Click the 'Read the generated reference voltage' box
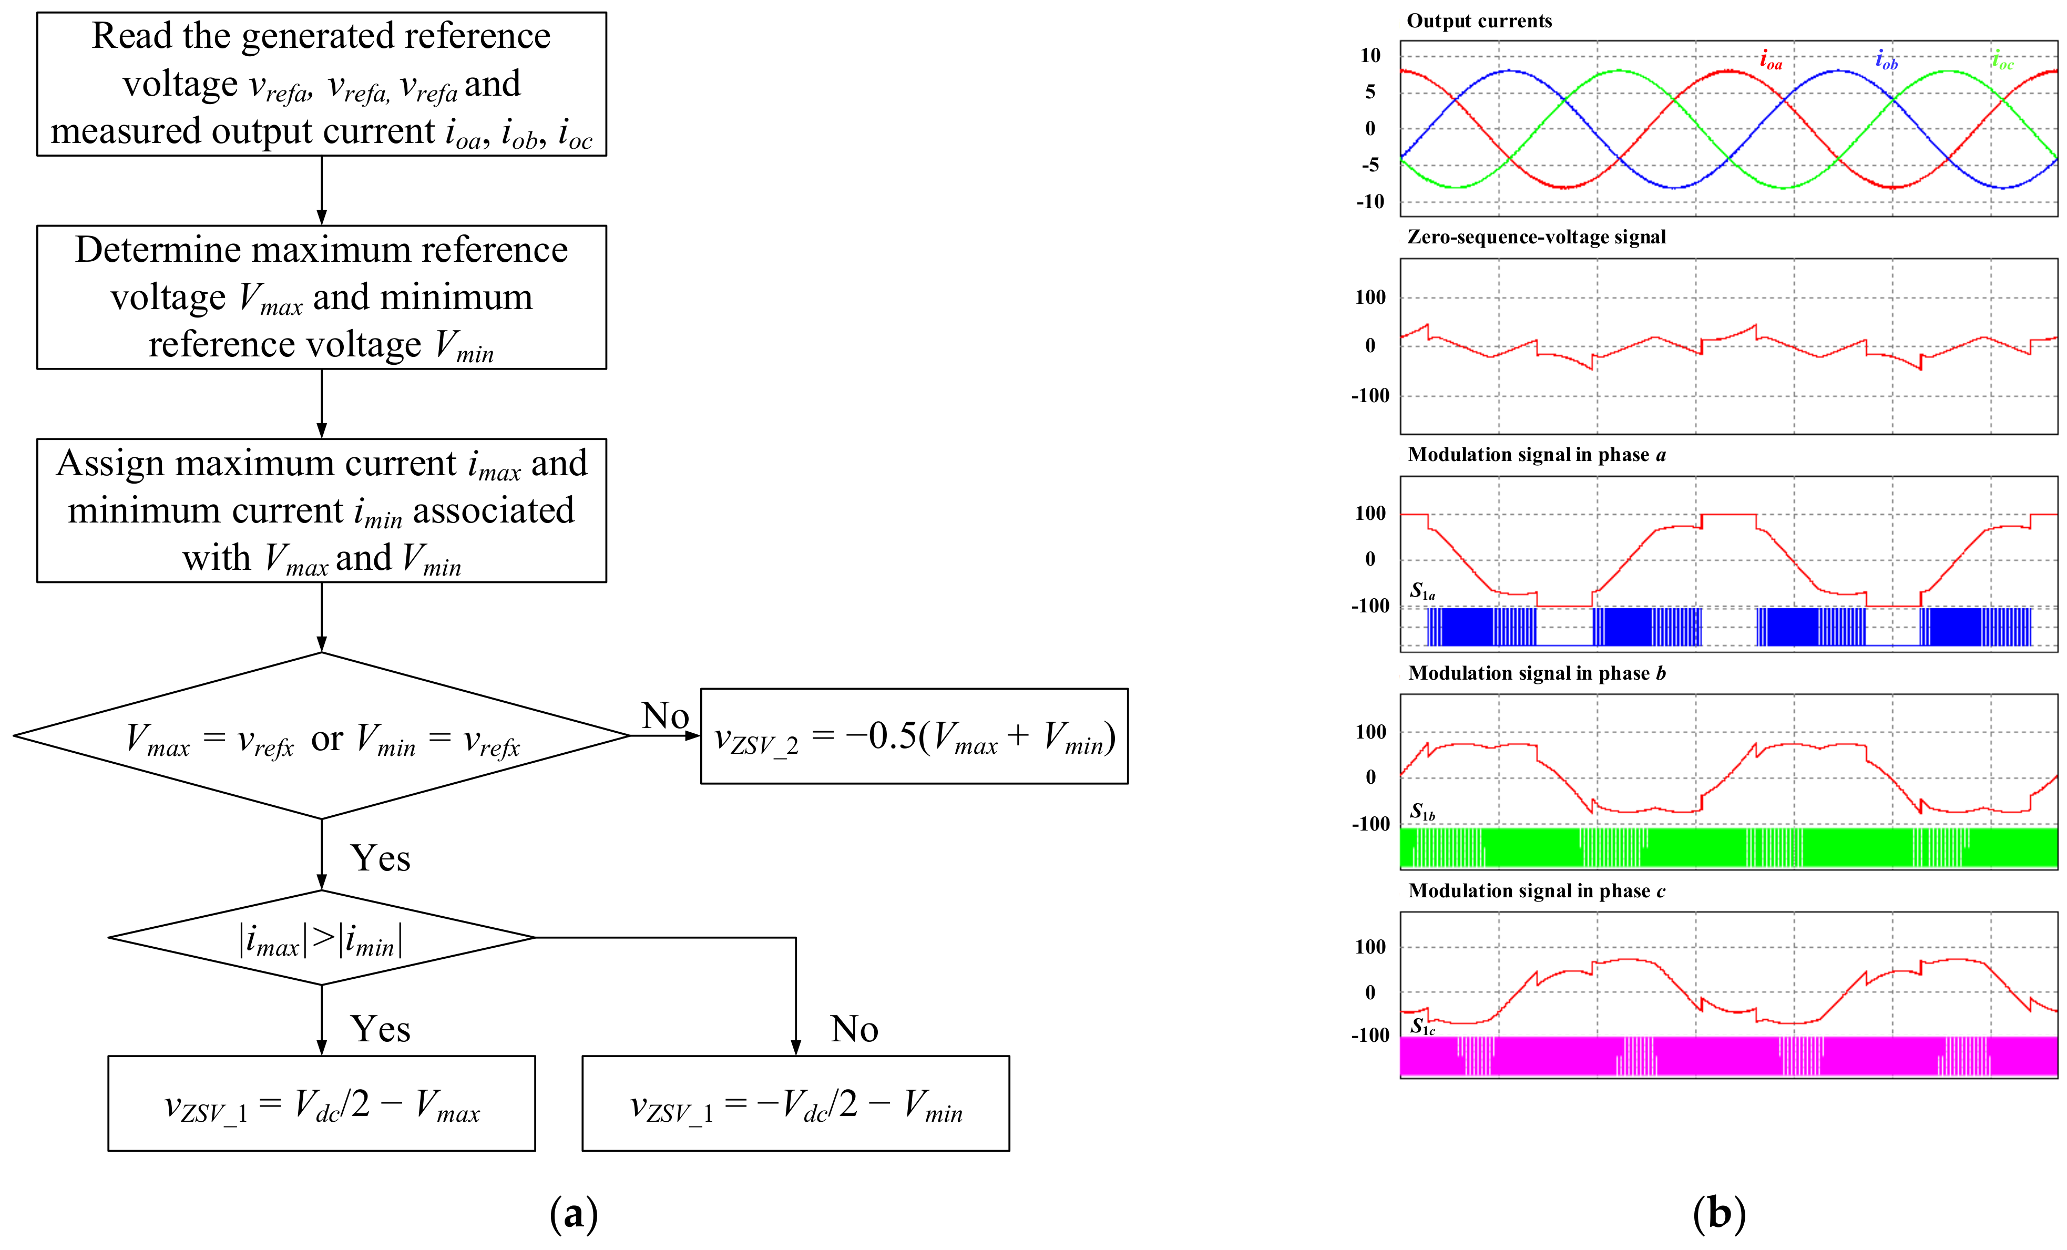tap(321, 84)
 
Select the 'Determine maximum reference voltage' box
tap(321, 297)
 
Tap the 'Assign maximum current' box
tap(321, 510)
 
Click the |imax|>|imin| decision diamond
tap(321, 938)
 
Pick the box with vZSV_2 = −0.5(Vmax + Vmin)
tap(914, 736)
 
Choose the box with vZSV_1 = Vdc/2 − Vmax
tap(321, 1104)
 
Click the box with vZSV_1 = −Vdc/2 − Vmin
tap(795, 1104)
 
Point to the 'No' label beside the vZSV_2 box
tap(664, 715)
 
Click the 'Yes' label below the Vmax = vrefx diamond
tap(380, 858)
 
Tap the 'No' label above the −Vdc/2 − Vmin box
tap(854, 1029)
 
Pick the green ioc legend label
tap(2002, 60)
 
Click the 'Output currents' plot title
tap(1479, 21)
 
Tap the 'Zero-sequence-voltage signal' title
tap(1536, 238)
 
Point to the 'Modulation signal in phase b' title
tap(1536, 674)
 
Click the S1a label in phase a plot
tap(1422, 591)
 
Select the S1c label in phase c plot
tap(1422, 1026)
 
